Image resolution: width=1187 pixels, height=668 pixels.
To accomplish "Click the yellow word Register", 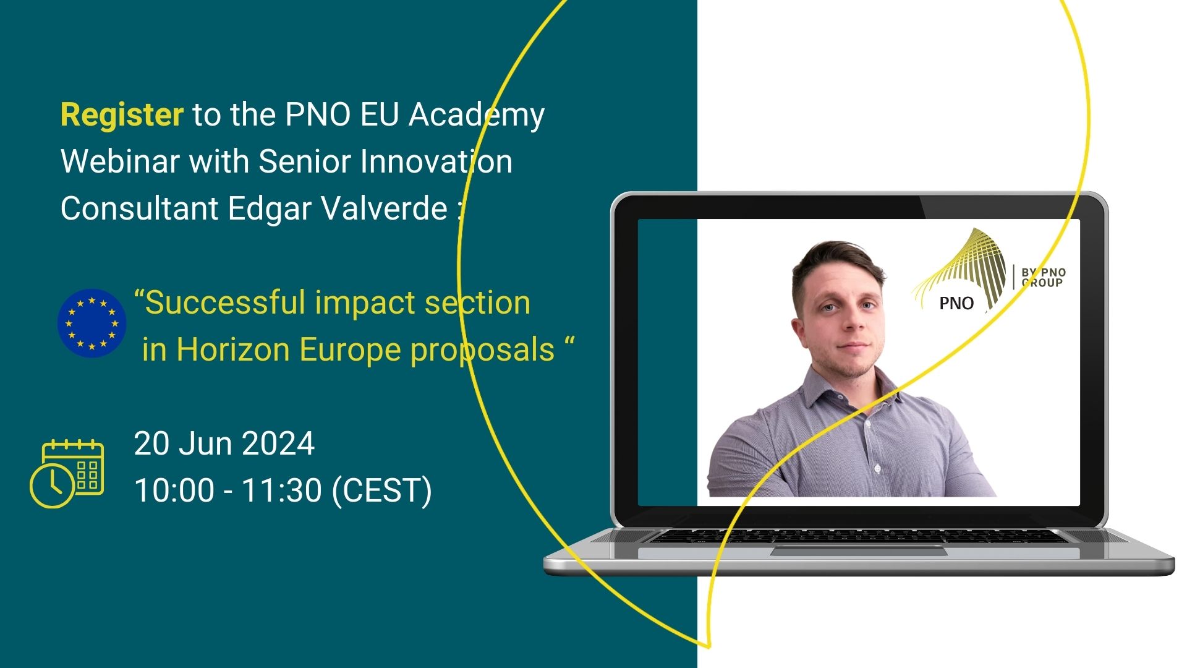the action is point(122,115).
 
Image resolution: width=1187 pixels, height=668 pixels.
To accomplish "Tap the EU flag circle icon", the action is point(92,323).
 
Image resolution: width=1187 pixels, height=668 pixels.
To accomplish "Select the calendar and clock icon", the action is point(67,473).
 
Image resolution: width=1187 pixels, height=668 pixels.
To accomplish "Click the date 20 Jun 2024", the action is point(224,443).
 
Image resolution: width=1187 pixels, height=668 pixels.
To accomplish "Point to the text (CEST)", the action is point(382,490).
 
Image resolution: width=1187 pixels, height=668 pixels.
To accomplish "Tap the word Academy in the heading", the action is point(477,116).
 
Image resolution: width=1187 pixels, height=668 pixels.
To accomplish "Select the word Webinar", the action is point(120,161).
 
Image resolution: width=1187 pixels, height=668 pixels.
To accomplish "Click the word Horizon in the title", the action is point(233,349).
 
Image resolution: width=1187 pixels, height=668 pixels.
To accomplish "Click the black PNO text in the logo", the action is point(956,303).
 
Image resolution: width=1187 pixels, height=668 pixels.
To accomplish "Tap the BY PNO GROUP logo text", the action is point(1044,278).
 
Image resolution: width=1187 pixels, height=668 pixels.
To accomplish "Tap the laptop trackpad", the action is point(859,550).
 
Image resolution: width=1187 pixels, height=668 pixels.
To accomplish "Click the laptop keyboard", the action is point(859,536).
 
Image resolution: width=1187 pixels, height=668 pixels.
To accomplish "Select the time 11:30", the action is point(281,490).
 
